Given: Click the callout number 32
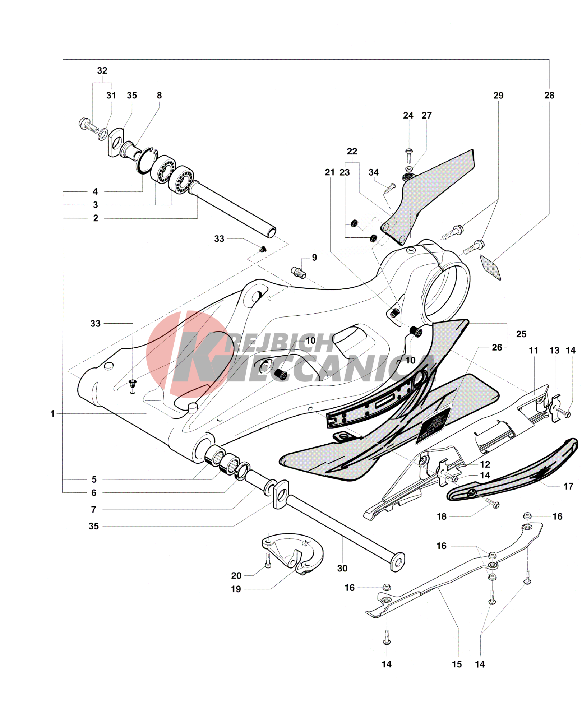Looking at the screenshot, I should pyautogui.click(x=102, y=71).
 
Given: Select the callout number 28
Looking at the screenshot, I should pyautogui.click(x=549, y=96).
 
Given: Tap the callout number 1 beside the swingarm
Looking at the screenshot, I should pyautogui.click(x=52, y=414).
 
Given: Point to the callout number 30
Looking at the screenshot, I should pyautogui.click(x=342, y=568).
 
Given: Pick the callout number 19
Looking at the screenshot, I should pyautogui.click(x=236, y=589).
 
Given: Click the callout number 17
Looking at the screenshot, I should pyautogui.click(x=568, y=486).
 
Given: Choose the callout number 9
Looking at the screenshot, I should pyautogui.click(x=314, y=258).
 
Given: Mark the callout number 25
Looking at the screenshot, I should pyautogui.click(x=521, y=334).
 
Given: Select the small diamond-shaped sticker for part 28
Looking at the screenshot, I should pyautogui.click(x=491, y=266).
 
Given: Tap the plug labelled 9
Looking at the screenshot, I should pyautogui.click(x=299, y=273).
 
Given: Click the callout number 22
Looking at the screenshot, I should pyautogui.click(x=352, y=152).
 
